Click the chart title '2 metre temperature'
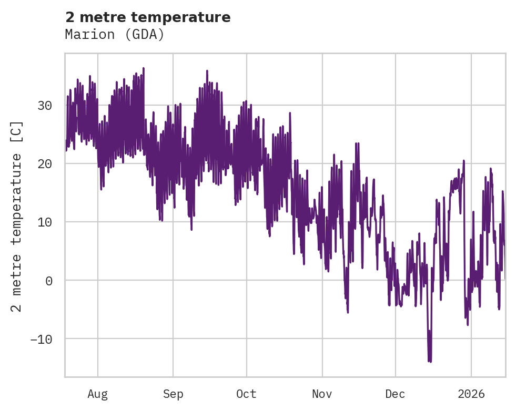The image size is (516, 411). (148, 17)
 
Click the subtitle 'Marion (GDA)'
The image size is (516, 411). (115, 35)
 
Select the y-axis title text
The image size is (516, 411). (17, 216)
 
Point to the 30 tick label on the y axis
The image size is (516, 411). (45, 106)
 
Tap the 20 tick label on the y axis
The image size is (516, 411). (45, 164)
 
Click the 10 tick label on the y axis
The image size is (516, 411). (45, 222)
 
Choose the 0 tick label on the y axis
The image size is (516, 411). (48, 281)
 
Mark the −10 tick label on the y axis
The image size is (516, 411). (41, 339)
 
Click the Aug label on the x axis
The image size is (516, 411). (97, 394)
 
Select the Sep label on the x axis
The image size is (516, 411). (173, 394)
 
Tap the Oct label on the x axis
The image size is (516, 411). (246, 394)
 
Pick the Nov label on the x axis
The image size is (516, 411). (322, 394)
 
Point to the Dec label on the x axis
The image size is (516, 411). (395, 394)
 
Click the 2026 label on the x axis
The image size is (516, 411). (471, 394)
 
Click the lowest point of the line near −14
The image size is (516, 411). (430, 362)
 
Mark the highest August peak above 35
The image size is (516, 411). (143, 68)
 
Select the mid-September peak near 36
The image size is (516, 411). (207, 70)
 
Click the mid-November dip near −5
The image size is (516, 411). (348, 312)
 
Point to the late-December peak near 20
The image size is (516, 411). (464, 160)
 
